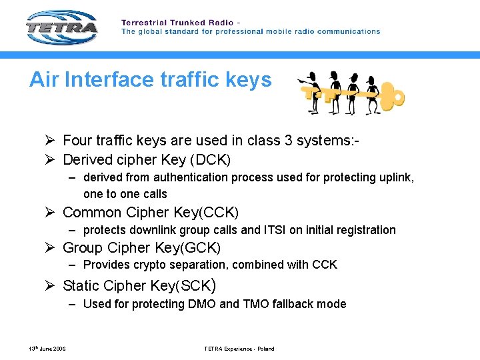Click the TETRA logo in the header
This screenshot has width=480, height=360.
62,28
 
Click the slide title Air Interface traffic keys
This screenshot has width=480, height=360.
151,80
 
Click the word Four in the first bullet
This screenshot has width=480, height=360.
77,140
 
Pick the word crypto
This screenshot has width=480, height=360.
151,265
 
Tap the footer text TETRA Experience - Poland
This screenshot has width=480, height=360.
239,349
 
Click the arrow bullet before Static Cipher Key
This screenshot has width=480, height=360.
51,286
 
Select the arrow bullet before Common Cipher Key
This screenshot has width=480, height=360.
51,213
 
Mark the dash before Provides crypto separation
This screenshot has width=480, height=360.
71,265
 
